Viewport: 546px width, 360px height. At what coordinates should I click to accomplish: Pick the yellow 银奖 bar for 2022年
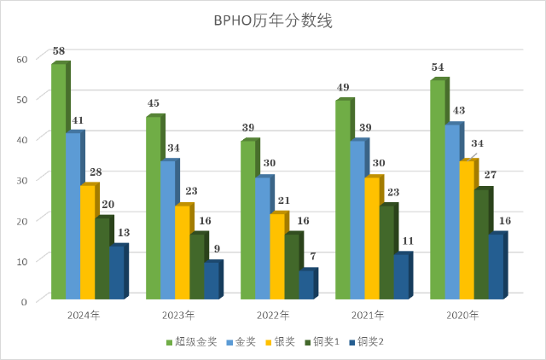point(277,255)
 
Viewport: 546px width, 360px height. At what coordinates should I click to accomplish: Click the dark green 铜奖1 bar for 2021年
point(387,252)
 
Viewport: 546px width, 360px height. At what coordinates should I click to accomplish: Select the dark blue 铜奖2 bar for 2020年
point(497,265)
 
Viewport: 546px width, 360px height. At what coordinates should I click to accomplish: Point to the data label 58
point(59,51)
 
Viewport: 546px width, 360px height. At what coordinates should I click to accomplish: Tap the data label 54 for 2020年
point(439,67)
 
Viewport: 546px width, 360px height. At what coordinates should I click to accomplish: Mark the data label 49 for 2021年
point(343,88)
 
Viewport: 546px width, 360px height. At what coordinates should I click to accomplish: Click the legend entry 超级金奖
point(189,342)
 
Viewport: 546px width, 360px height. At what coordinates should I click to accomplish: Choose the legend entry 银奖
point(281,342)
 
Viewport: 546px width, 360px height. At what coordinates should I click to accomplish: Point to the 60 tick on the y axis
point(22,58)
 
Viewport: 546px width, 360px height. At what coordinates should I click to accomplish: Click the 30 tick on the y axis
point(22,178)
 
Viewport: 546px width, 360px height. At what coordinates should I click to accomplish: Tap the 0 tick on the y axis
point(26,299)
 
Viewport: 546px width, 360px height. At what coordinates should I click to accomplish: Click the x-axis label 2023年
point(177,316)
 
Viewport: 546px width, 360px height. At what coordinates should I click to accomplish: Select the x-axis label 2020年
point(462,316)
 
